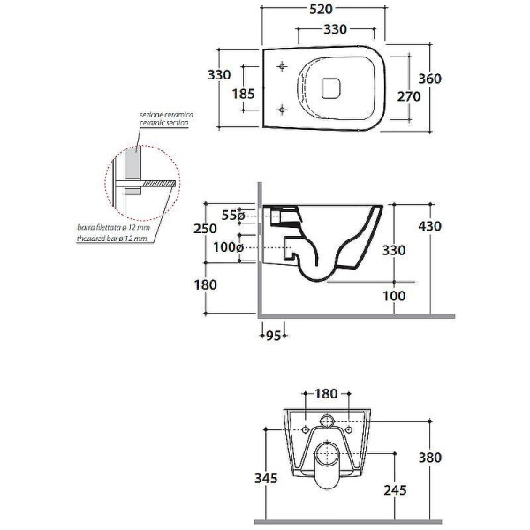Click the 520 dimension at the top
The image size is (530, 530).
322,9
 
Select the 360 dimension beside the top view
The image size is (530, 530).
430,79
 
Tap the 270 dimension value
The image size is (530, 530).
409,96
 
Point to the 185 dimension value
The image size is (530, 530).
244,94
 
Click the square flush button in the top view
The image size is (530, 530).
330,88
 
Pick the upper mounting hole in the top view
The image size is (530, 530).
282,66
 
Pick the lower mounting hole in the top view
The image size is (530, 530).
282,110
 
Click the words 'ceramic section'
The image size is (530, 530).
164,123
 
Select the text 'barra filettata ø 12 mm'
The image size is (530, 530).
114,227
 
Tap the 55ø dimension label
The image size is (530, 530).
233,215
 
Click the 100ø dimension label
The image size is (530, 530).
228,247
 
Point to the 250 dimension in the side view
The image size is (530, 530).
205,229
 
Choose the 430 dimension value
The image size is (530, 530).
430,226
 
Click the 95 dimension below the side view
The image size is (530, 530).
274,336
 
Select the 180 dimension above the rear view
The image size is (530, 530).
326,393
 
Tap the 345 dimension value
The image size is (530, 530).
266,478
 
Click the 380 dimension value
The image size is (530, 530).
430,458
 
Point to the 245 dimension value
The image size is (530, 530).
395,490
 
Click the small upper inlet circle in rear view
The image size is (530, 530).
327,420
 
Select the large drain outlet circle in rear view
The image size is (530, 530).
327,454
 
